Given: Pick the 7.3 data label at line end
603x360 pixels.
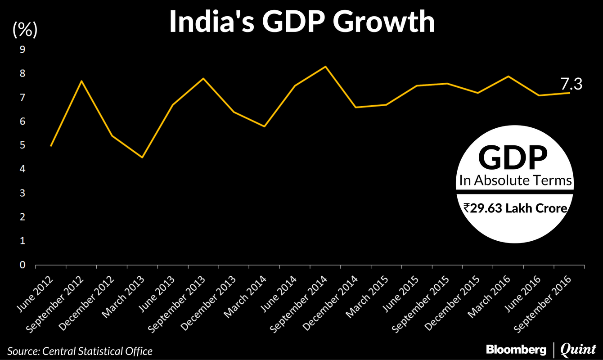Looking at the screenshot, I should [x=571, y=84].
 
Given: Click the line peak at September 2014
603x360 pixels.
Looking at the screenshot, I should [x=325, y=67].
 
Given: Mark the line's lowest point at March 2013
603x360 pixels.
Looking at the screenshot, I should [x=142, y=157].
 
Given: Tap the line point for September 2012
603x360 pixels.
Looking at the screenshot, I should [x=81, y=81].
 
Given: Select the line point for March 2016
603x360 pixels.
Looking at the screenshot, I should [x=508, y=76].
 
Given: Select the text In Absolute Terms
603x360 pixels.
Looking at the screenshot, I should [x=515, y=180].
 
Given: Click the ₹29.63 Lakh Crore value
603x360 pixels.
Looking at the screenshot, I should [x=515, y=208].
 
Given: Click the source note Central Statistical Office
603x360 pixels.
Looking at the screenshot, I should [x=80, y=351].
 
